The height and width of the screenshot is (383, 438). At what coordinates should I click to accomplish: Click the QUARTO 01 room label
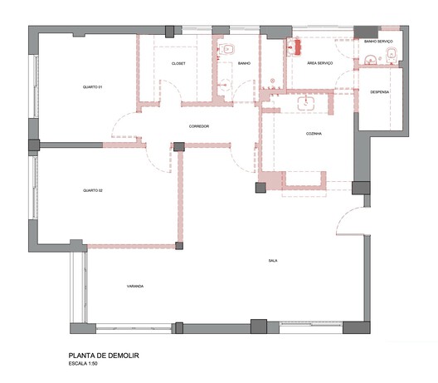tap(92, 87)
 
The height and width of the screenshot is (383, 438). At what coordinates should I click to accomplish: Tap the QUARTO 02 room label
tap(93, 190)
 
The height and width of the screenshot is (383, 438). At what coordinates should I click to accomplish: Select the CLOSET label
tap(178, 63)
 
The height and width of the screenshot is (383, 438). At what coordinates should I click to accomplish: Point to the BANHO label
tap(244, 63)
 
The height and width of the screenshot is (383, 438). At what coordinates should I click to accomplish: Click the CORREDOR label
tap(199, 126)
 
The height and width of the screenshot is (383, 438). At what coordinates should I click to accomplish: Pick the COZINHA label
tap(314, 134)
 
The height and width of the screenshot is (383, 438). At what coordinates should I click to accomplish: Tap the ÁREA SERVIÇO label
tap(320, 63)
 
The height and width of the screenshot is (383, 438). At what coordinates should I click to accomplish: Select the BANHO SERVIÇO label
tap(378, 42)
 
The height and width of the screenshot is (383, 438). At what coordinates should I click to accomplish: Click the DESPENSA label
tap(379, 92)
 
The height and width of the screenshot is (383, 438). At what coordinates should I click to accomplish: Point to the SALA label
tap(273, 261)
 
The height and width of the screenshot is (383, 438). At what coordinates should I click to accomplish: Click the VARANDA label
tap(135, 286)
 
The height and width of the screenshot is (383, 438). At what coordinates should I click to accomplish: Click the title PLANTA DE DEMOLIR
tap(104, 356)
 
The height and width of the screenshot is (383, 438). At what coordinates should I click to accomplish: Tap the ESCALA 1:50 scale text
tap(83, 364)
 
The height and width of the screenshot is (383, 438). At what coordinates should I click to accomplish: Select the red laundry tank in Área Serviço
tap(297, 47)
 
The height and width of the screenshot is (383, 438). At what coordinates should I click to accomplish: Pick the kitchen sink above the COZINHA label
tap(306, 103)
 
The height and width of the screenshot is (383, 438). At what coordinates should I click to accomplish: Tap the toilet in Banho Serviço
tap(391, 55)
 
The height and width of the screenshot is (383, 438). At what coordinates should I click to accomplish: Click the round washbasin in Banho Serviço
tap(371, 59)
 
